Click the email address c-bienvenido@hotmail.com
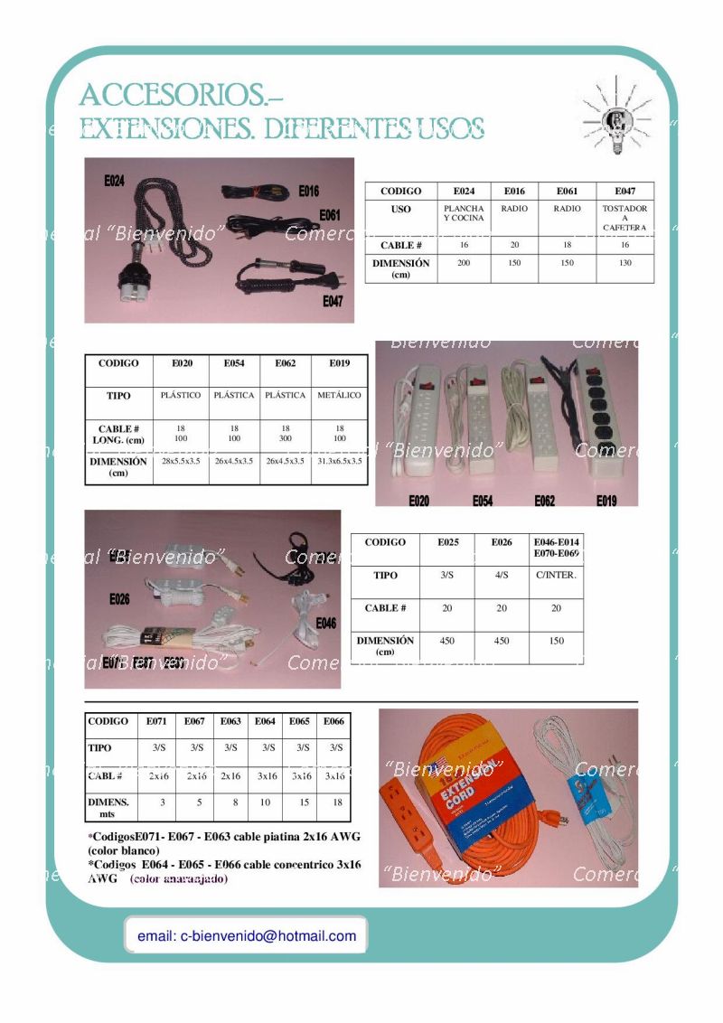(247, 936)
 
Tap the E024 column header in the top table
(464, 192)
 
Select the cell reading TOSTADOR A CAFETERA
(624, 218)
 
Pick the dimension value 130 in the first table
(624, 262)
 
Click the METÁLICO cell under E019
(339, 396)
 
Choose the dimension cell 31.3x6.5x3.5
(339, 461)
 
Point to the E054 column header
(234, 363)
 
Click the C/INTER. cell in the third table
(556, 575)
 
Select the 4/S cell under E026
(502, 575)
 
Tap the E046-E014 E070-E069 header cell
(556, 547)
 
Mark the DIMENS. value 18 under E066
(336, 802)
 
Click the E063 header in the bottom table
(230, 721)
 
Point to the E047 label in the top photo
(333, 302)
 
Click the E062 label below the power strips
(545, 500)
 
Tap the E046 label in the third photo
(325, 623)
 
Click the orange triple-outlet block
(398, 812)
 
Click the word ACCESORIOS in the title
(171, 94)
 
